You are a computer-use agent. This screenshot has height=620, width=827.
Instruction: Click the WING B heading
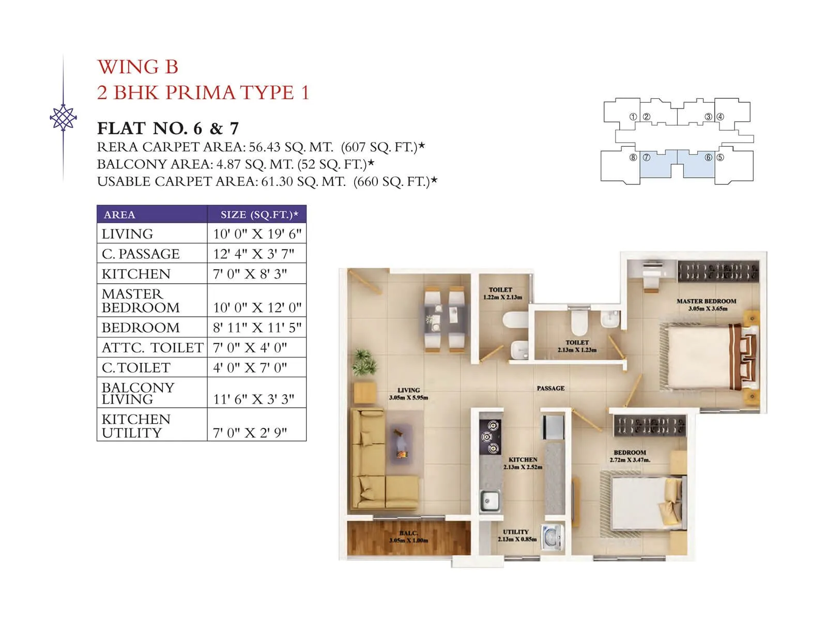coord(137,67)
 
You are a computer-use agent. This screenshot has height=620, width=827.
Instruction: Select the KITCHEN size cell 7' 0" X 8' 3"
coord(250,274)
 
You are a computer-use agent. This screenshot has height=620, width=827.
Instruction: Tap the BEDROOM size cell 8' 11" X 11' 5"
coord(257,328)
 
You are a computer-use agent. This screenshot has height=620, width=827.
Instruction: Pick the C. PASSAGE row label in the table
coord(141,254)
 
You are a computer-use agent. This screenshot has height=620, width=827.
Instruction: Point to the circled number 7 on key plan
coord(646,157)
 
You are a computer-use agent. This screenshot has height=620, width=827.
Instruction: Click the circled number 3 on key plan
coord(709,117)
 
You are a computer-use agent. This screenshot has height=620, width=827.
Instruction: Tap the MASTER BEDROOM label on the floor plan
coord(706,301)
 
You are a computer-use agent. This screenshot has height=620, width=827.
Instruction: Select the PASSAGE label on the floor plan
coord(550,388)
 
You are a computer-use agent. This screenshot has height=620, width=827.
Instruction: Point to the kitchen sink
coord(489,500)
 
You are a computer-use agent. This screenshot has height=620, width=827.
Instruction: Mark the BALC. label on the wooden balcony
coord(408,533)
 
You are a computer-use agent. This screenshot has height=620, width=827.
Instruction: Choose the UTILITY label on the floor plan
coord(516,532)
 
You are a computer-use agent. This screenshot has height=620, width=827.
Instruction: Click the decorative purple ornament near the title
coord(63,118)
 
